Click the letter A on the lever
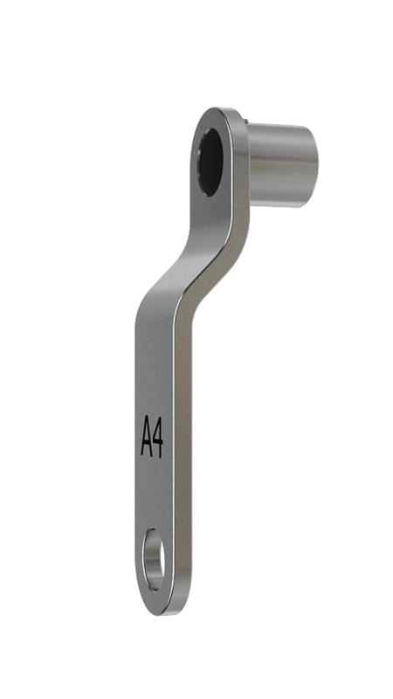[x=147, y=436]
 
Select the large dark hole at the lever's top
[x=210, y=163]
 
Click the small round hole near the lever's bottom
[x=154, y=559]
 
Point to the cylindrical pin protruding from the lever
[x=282, y=165]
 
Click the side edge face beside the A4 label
[x=183, y=437]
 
